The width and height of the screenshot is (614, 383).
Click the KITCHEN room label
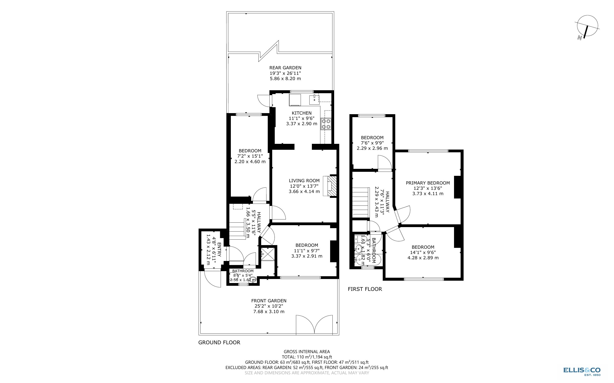(301, 113)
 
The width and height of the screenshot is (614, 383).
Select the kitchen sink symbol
(314, 100)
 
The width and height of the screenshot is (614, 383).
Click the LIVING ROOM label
(304, 181)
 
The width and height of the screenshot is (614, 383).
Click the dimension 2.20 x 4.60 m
(250, 162)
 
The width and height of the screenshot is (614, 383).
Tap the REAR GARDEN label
(285, 68)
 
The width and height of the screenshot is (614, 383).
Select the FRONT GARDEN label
(269, 301)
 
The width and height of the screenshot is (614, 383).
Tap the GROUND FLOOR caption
(219, 343)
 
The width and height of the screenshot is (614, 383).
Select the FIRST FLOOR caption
(365, 289)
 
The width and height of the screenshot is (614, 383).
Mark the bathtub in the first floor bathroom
(365, 260)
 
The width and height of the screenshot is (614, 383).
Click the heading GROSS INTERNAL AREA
(307, 352)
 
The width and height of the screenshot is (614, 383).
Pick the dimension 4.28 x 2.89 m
(423, 258)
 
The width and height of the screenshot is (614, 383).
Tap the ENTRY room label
(219, 250)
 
